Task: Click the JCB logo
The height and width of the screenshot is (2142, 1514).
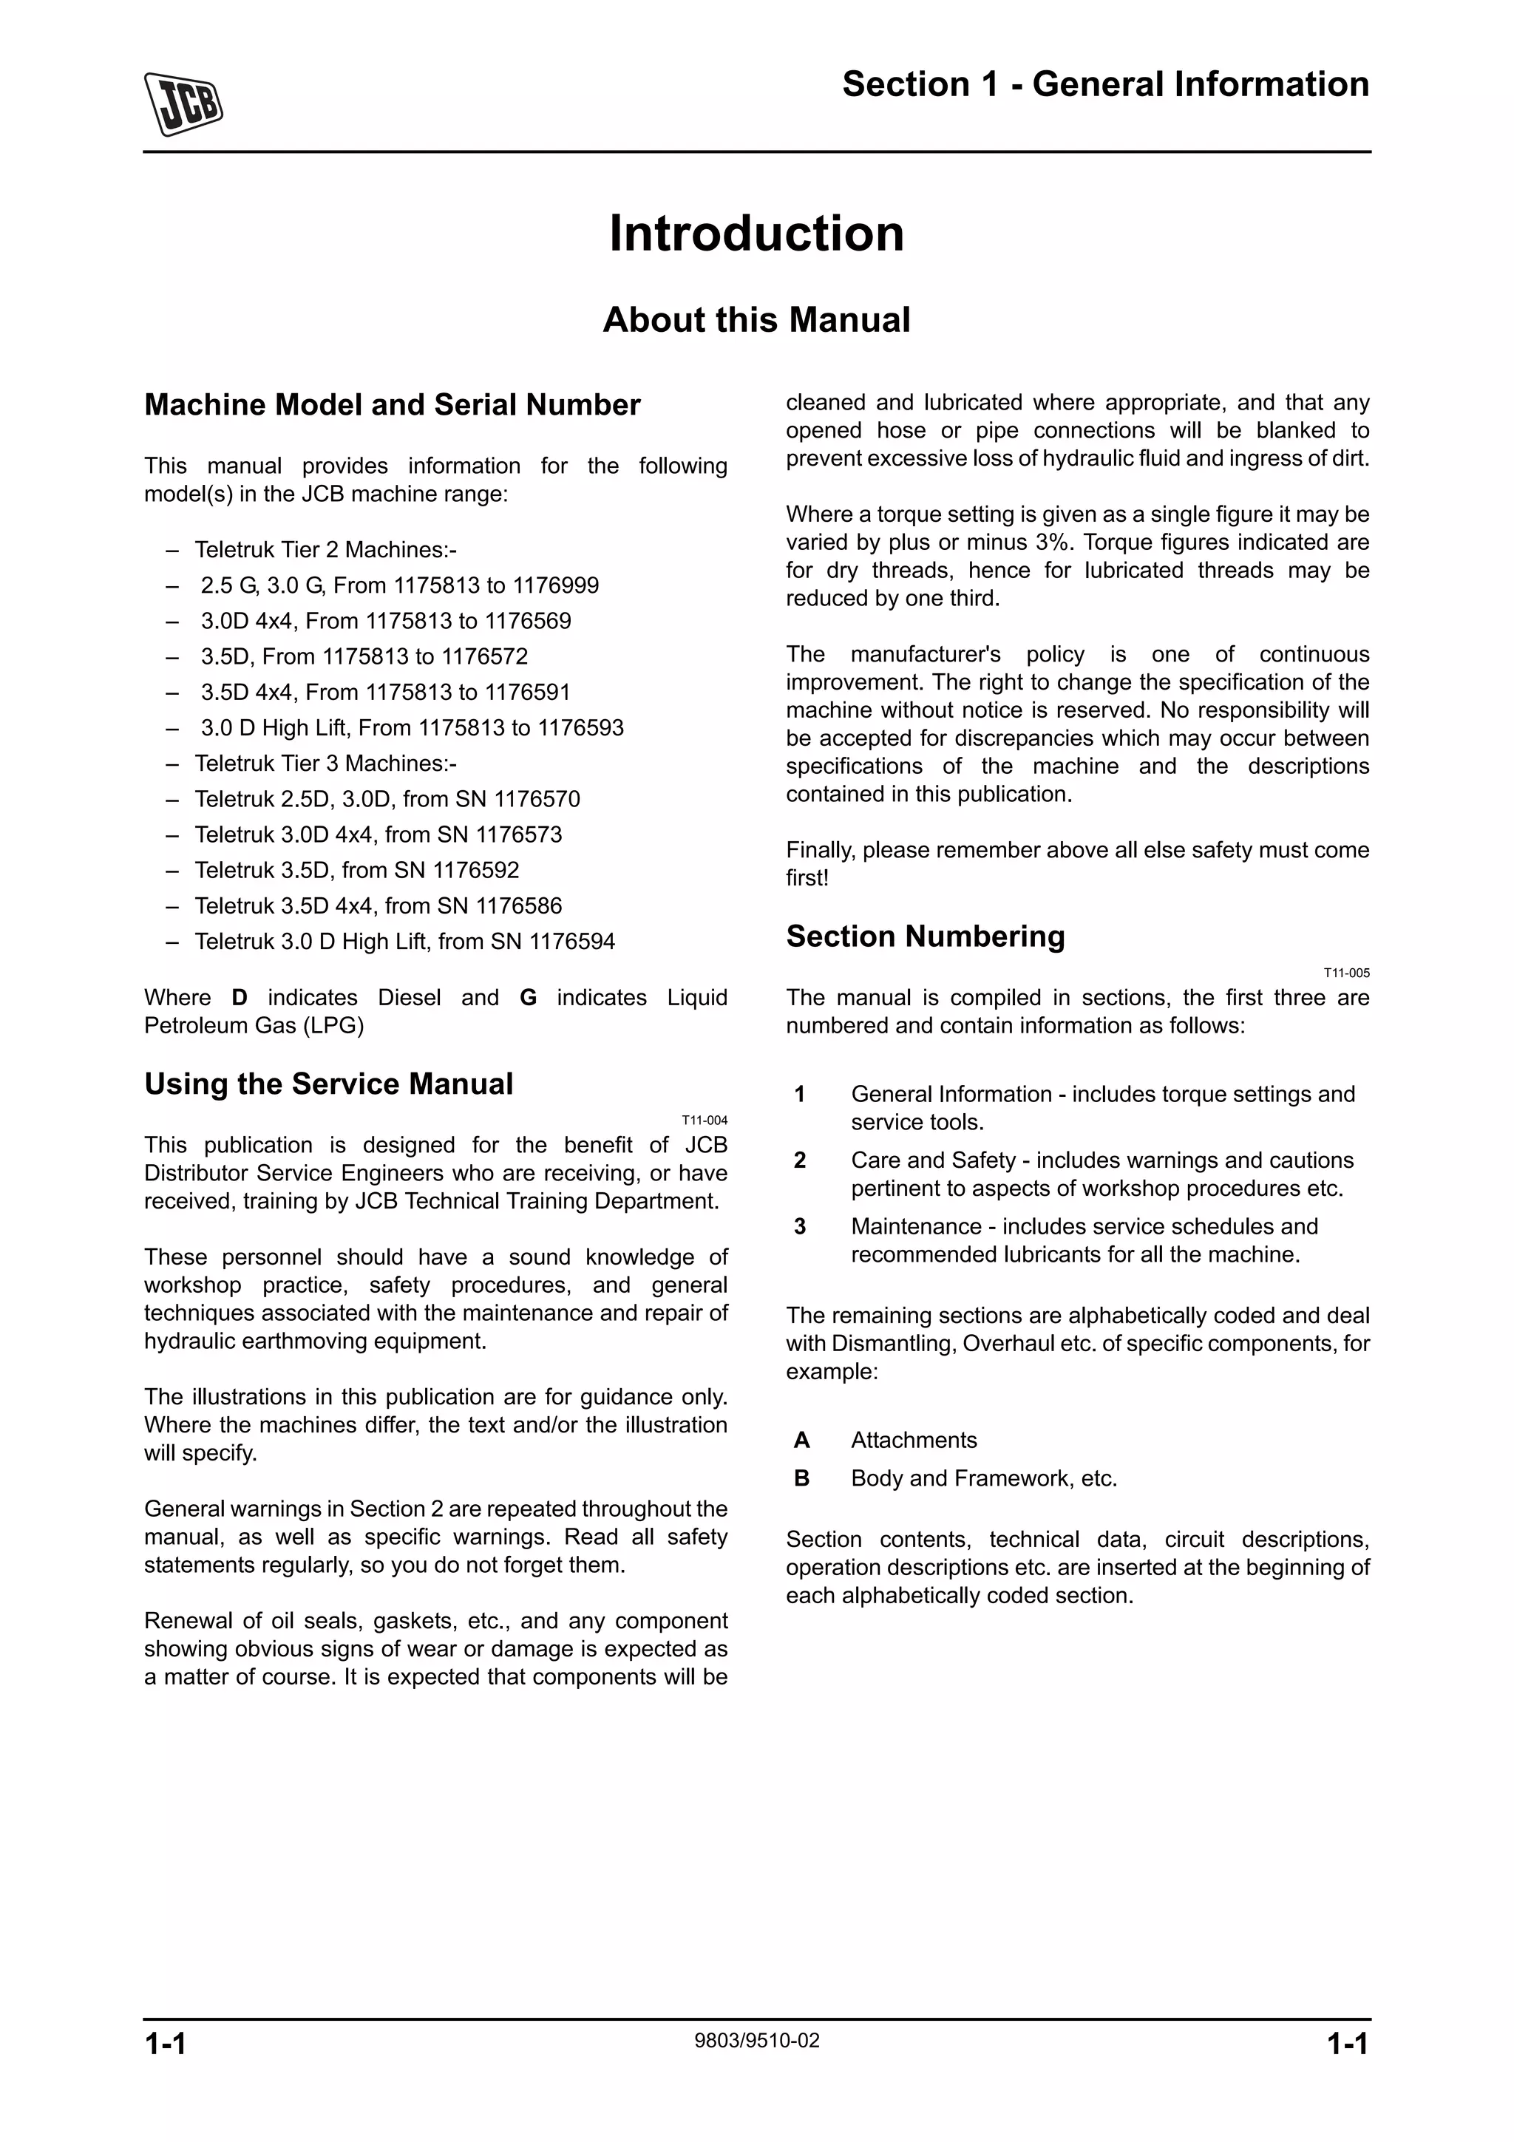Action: pos(184,103)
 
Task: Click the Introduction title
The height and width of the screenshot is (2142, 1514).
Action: pos(756,234)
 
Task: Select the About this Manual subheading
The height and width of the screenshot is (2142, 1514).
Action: pos(756,320)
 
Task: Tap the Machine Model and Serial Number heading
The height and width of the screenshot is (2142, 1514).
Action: pos(392,405)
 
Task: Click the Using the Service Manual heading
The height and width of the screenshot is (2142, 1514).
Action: pos(328,1084)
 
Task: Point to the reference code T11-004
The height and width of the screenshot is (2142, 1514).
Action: pos(705,1121)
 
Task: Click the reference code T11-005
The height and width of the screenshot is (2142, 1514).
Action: pos(1346,973)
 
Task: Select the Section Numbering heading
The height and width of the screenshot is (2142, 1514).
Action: pos(925,936)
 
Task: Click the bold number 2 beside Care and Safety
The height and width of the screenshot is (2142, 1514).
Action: pos(799,1160)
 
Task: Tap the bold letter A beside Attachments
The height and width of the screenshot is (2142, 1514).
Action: pos(801,1441)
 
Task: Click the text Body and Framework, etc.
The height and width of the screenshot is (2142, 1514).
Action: pos(983,1479)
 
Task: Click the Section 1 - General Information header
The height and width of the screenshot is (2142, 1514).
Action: pos(1104,85)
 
